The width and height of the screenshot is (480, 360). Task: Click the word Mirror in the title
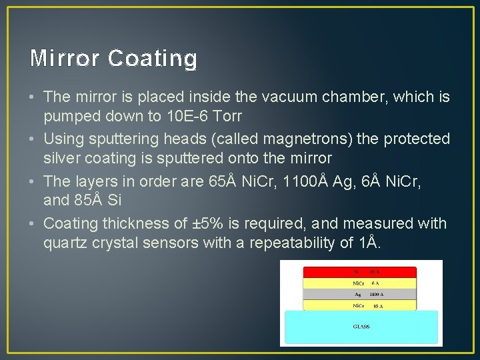(65, 59)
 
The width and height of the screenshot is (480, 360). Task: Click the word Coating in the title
(152, 59)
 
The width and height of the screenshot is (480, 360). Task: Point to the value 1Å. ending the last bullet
(369, 243)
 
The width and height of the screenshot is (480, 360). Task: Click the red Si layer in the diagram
(360, 272)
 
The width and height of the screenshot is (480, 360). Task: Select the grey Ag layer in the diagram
(360, 294)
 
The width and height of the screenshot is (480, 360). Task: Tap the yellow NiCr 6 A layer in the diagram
(360, 283)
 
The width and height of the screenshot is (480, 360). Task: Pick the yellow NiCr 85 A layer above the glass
(360, 305)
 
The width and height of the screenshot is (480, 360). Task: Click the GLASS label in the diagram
(361, 327)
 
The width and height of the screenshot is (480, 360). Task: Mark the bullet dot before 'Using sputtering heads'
(34, 139)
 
